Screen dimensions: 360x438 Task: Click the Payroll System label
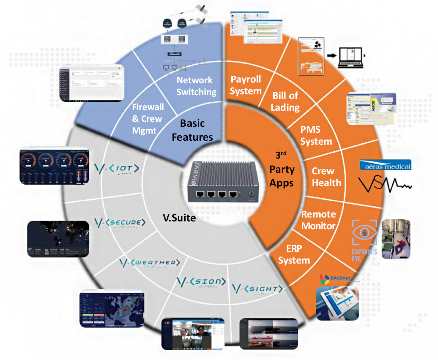point(246,85)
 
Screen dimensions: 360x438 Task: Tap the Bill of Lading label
point(285,101)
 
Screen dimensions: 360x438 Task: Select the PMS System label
point(316,135)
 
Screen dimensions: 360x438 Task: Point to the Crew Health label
point(326,177)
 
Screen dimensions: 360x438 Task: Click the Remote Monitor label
point(318,220)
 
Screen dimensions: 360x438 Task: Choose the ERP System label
point(294,254)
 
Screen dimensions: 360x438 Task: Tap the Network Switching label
point(196,86)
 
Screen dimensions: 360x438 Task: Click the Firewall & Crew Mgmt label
point(148,119)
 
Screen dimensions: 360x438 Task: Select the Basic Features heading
point(192,130)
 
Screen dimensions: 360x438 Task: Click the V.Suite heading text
point(179,217)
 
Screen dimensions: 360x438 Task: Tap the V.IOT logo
point(117,169)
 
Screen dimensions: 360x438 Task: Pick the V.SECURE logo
point(120,223)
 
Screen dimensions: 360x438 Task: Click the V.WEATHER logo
point(149,263)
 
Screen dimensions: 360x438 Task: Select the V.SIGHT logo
point(257,289)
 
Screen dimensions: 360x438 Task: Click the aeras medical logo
point(385,165)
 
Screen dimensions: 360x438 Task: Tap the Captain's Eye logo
point(364,239)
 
